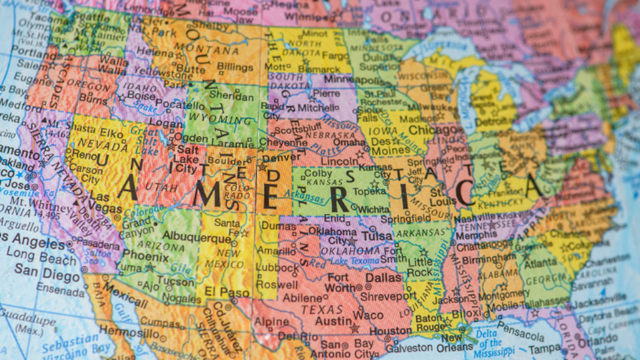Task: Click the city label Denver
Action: point(282,157)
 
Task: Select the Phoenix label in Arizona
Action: point(135,255)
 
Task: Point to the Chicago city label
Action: point(432,130)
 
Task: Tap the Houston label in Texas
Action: point(390,331)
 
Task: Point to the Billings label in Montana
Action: point(234,67)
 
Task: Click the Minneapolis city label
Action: point(355,79)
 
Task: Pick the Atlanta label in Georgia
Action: point(540,263)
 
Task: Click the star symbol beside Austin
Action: point(355,328)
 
